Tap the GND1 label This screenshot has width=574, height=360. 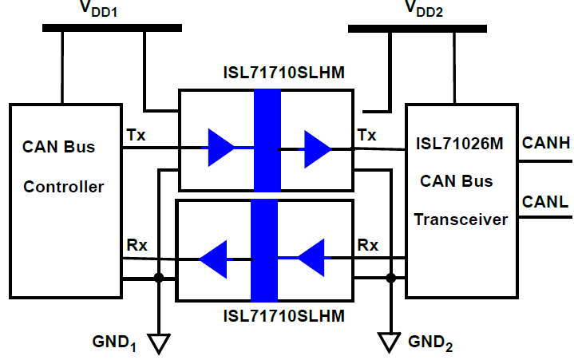tap(115, 342)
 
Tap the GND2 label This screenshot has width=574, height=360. tap(432, 342)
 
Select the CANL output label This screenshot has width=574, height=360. tap(545, 203)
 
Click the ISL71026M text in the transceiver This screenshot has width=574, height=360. tap(460, 145)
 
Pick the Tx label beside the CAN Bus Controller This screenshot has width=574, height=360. tap(136, 134)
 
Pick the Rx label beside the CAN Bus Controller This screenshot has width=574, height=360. tap(136, 245)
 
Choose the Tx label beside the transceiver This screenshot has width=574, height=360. tap(367, 134)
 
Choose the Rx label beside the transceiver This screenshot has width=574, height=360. tap(367, 245)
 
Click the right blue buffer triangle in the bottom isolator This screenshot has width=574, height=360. tap(313, 257)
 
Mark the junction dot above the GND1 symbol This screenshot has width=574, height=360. tap(159, 278)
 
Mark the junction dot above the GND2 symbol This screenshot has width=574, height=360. tap(390, 278)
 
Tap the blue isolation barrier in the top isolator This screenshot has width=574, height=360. tap(267, 140)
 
